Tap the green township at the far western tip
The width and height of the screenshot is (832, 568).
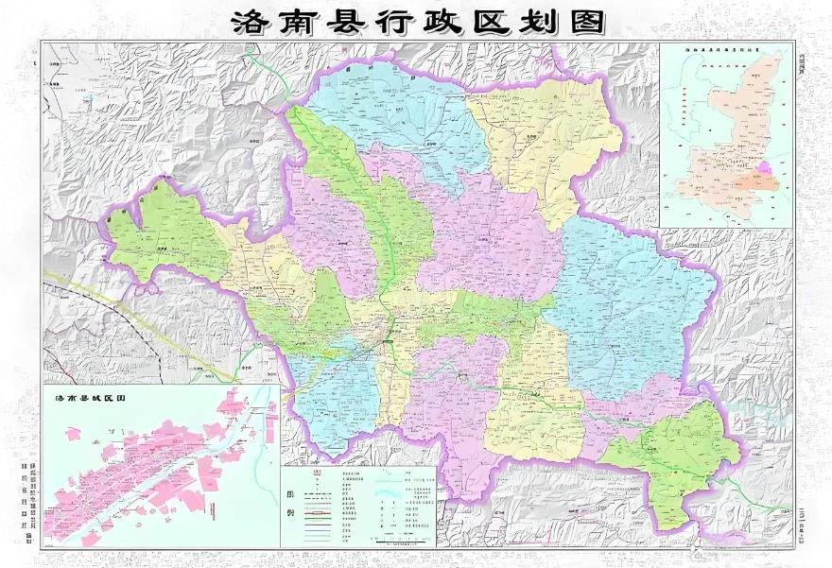[161, 232]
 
